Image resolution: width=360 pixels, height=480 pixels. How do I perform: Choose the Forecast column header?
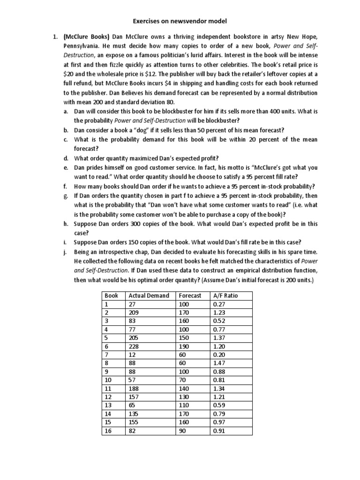coord(190,296)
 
